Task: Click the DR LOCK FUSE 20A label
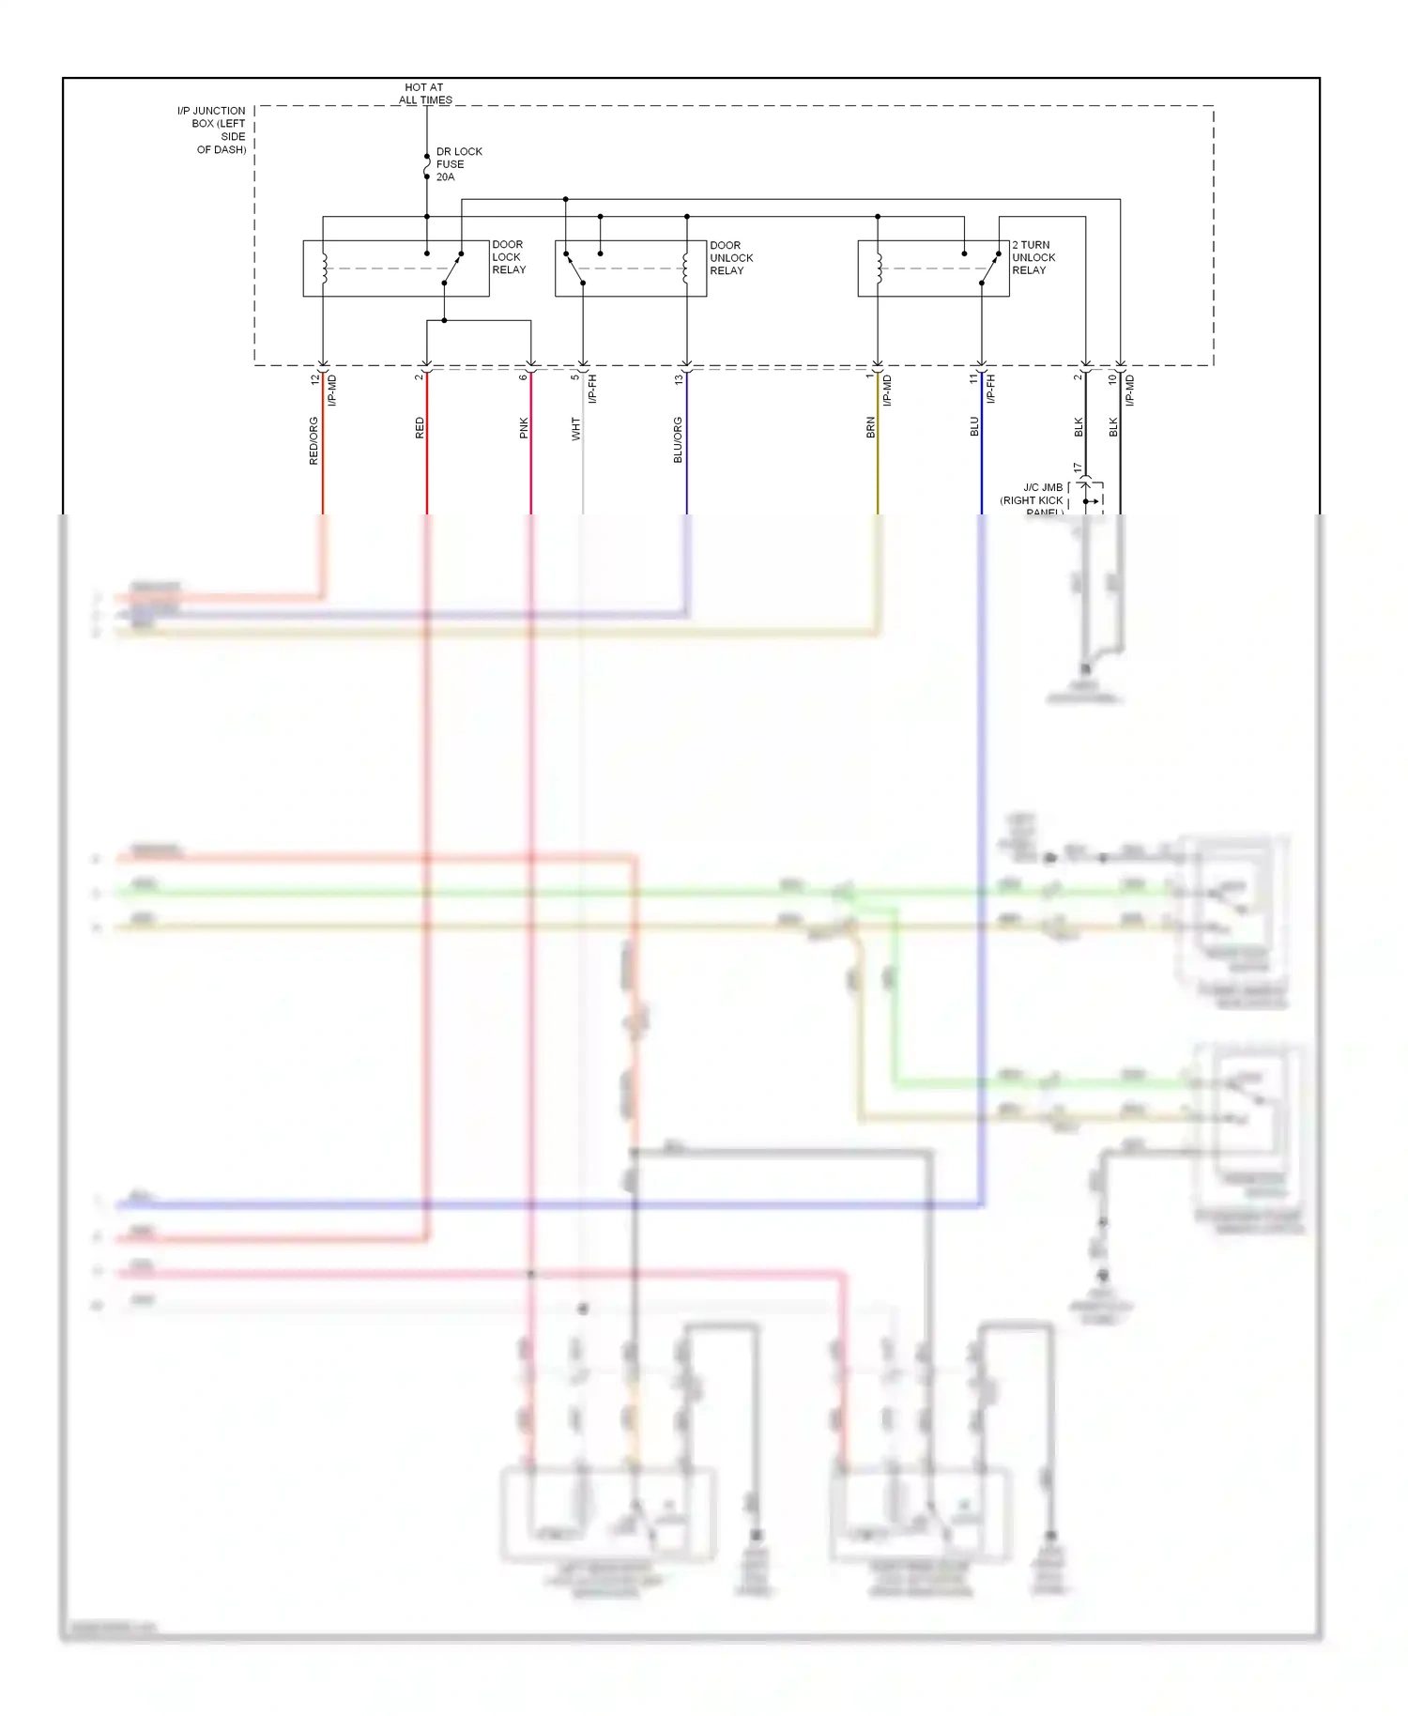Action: click(458, 164)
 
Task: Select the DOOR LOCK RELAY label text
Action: click(509, 257)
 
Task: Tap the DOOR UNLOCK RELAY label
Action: click(730, 258)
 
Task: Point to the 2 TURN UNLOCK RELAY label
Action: click(1033, 257)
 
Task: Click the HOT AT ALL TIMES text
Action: click(425, 94)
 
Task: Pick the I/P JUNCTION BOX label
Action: click(213, 130)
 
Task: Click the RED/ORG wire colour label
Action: click(314, 441)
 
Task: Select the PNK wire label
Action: click(524, 428)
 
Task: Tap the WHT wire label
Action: click(575, 430)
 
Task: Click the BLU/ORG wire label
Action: click(678, 440)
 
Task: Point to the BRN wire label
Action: click(870, 428)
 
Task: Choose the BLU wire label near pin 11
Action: click(974, 427)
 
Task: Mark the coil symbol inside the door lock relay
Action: click(324, 268)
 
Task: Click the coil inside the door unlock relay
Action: click(686, 268)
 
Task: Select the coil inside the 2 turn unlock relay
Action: click(879, 268)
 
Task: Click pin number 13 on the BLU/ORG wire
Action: click(679, 379)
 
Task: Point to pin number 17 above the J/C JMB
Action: click(1078, 467)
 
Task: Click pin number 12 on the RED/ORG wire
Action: click(314, 379)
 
